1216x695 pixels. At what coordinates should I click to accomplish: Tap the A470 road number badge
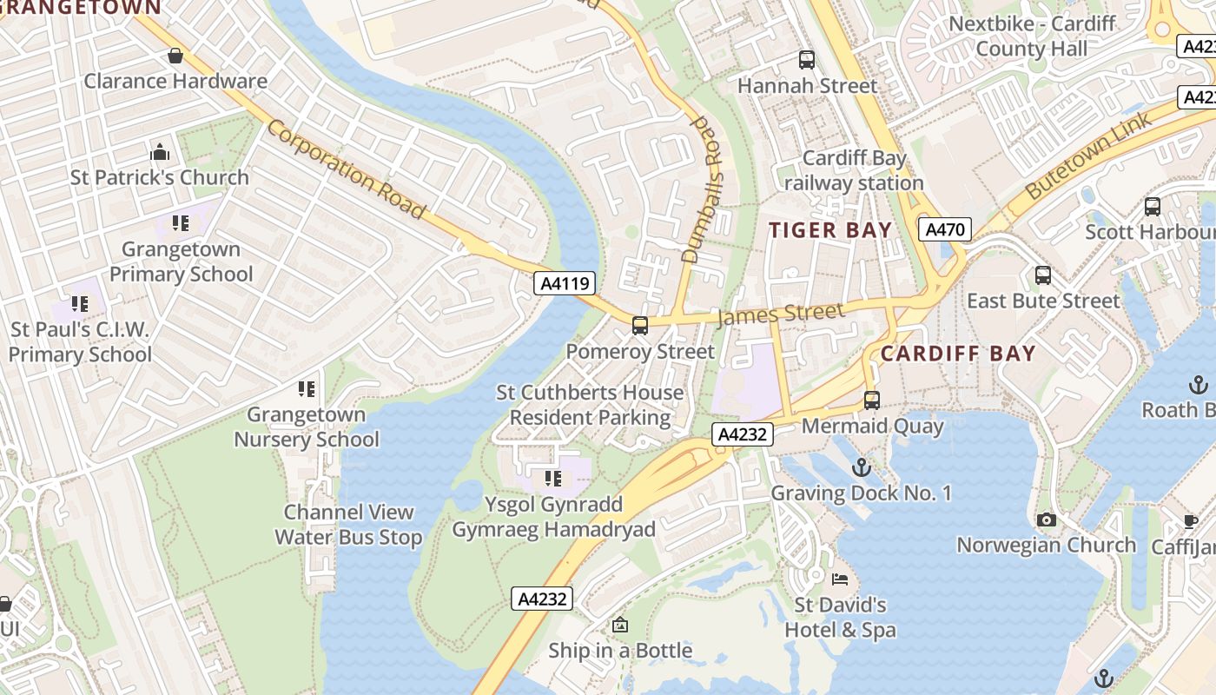pyautogui.click(x=944, y=229)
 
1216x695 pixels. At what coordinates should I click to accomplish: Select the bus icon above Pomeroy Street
pyautogui.click(x=640, y=326)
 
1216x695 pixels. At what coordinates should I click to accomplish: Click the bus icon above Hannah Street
pyautogui.click(x=807, y=60)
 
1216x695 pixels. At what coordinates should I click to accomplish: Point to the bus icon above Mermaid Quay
pyautogui.click(x=872, y=400)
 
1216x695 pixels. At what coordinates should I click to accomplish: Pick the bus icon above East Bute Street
pyautogui.click(x=1043, y=275)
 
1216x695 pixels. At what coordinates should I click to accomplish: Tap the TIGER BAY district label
pyautogui.click(x=831, y=230)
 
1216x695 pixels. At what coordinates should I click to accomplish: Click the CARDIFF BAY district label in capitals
pyautogui.click(x=958, y=354)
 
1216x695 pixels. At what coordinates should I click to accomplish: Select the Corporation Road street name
pyautogui.click(x=346, y=169)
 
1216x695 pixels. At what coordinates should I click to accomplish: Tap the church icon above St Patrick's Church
pyautogui.click(x=160, y=153)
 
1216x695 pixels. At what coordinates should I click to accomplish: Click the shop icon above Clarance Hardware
pyautogui.click(x=175, y=56)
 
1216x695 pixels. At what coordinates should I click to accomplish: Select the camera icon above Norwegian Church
pyautogui.click(x=1047, y=520)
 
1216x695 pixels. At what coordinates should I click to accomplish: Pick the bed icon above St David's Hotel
pyautogui.click(x=840, y=579)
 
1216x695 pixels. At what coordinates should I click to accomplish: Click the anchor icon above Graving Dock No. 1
pyautogui.click(x=861, y=468)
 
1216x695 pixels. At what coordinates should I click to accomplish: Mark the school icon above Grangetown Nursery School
pyautogui.click(x=307, y=388)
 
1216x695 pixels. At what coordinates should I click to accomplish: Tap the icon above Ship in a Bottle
pyautogui.click(x=620, y=625)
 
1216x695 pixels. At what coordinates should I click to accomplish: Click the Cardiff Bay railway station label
pyautogui.click(x=854, y=170)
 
